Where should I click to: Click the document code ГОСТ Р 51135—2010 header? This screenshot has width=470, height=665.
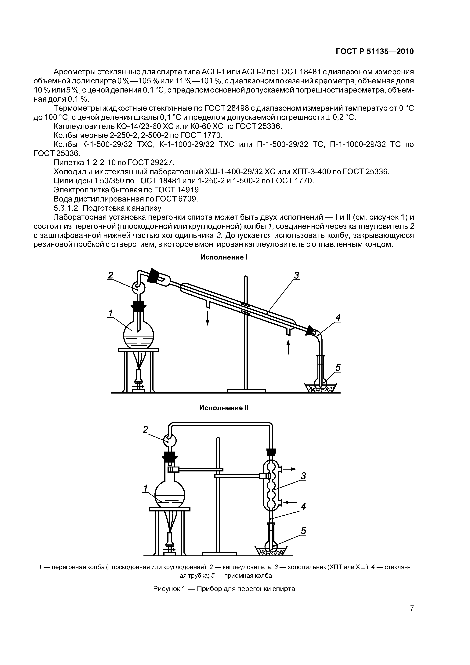click(375, 52)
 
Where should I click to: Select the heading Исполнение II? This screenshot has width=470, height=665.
click(224, 408)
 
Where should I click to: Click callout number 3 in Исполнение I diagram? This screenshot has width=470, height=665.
click(296, 275)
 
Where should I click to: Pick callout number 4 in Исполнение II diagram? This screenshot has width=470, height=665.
click(303, 507)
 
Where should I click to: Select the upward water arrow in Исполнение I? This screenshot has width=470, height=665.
click(288, 347)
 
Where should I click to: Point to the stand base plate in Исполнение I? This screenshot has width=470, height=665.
click(246, 391)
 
